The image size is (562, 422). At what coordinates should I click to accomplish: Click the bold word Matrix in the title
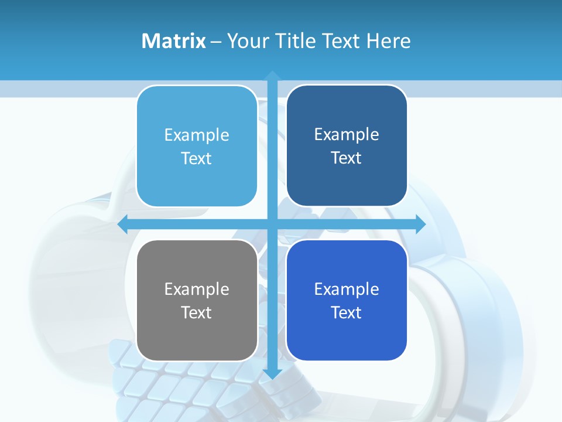click(174, 41)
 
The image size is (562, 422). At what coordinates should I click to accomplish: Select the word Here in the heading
click(388, 41)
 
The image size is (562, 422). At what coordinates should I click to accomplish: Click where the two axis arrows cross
click(272, 224)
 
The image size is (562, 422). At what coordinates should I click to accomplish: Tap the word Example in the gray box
click(197, 289)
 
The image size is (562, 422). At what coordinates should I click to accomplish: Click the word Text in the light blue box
click(197, 158)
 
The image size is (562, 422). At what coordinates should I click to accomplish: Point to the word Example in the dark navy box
click(347, 134)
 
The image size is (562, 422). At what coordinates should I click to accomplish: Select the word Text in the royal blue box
click(347, 312)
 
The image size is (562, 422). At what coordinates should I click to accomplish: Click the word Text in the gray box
click(197, 312)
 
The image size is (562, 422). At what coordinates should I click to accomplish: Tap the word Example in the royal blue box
click(347, 289)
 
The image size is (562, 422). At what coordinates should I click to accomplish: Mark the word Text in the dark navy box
click(347, 158)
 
